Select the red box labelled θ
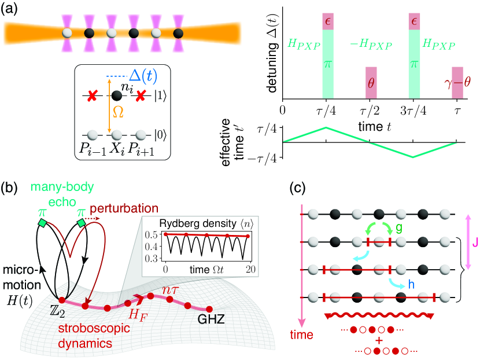371,83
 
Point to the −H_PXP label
370,44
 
